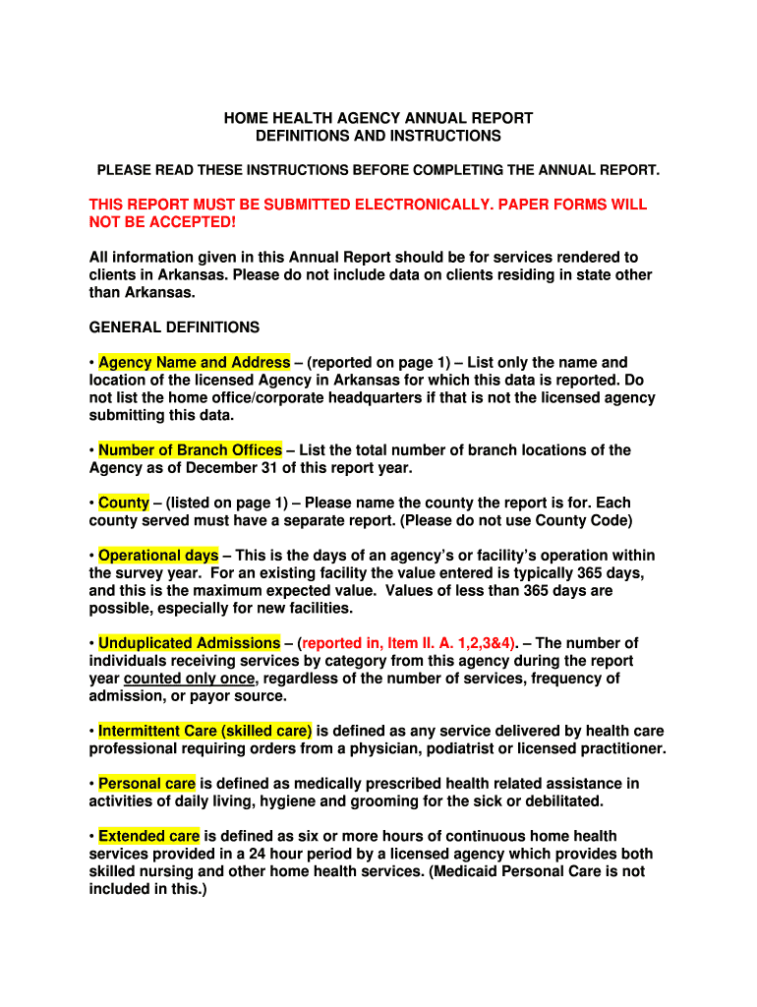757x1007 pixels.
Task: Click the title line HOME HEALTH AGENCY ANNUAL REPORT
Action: click(x=378, y=118)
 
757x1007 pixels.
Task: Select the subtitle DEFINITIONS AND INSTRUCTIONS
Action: click(x=378, y=136)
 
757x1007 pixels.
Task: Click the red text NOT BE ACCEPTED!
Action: click(x=162, y=222)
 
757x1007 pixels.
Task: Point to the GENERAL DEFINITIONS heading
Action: click(x=174, y=327)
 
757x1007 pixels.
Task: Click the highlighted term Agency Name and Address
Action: click(x=194, y=363)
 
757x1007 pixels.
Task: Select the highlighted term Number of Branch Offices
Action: click(x=190, y=450)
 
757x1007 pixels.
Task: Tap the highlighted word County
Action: click(x=123, y=503)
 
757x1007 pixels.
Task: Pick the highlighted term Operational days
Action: click(x=157, y=556)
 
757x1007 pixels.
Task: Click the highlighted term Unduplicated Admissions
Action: click(x=189, y=643)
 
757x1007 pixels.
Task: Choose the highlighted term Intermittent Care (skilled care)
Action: click(x=204, y=731)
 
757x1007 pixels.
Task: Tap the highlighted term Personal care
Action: click(x=146, y=784)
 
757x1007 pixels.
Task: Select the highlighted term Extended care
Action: click(x=148, y=836)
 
